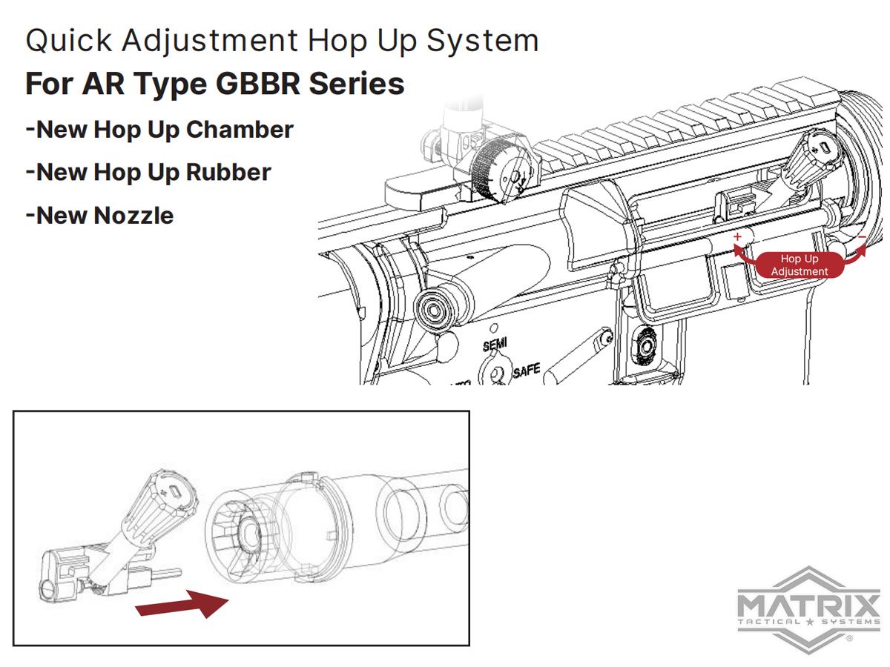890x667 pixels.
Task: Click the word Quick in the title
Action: point(69,41)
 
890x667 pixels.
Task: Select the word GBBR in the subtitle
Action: point(257,84)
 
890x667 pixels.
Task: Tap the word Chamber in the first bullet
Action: point(240,130)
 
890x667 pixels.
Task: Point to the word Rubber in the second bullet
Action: point(228,173)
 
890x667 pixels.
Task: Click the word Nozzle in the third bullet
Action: point(133,216)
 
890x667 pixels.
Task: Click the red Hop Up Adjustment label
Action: point(800,265)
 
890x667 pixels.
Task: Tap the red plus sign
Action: point(737,236)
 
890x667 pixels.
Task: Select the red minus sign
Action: point(862,237)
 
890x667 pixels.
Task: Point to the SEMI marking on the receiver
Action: point(495,344)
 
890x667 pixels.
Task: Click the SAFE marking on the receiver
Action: point(527,371)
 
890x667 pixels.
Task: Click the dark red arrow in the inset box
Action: point(182,604)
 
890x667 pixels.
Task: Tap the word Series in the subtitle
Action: point(357,84)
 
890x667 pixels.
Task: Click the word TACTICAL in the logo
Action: point(769,622)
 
